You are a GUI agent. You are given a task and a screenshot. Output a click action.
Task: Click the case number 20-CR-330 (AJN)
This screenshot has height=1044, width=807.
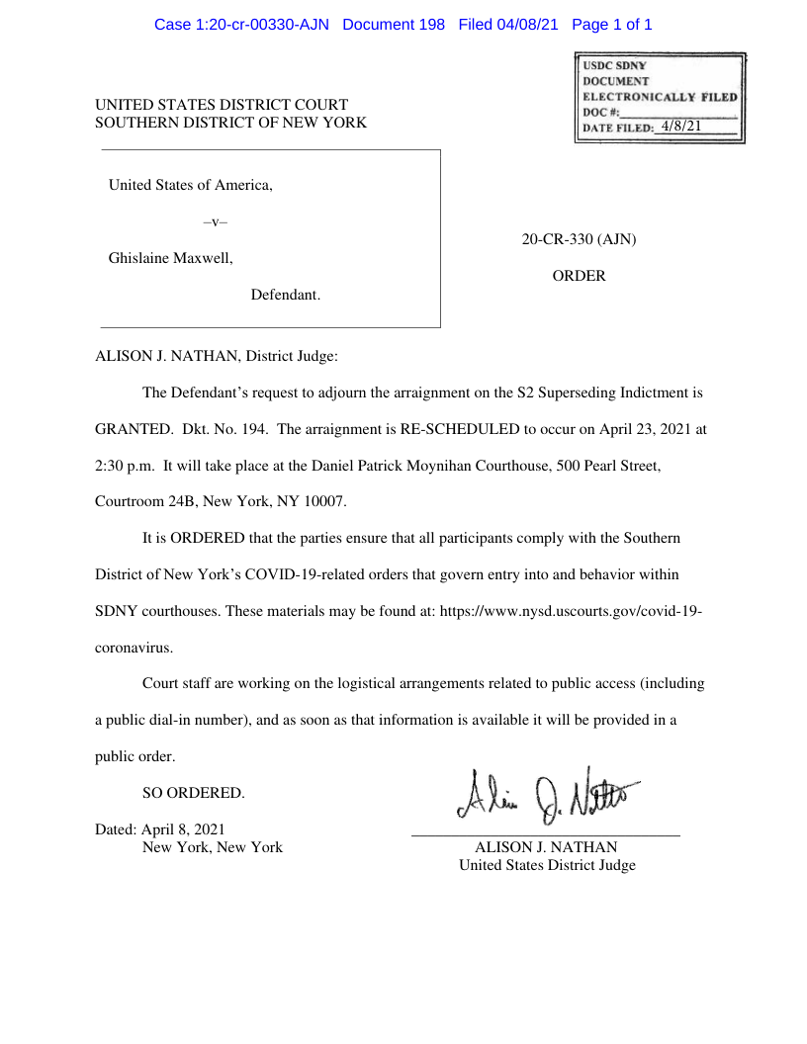pyautogui.click(x=579, y=239)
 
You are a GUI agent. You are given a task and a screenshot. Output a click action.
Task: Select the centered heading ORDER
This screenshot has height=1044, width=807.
pyautogui.click(x=579, y=276)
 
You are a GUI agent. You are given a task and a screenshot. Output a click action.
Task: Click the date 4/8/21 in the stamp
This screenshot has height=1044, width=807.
pyautogui.click(x=681, y=127)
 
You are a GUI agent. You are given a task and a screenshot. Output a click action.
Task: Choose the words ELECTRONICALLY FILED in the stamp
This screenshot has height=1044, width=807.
pyautogui.click(x=660, y=97)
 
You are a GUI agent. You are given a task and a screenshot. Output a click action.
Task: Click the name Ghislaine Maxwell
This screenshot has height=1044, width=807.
pyautogui.click(x=170, y=258)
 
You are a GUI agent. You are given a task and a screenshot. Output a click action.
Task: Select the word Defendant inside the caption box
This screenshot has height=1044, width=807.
pyautogui.click(x=285, y=295)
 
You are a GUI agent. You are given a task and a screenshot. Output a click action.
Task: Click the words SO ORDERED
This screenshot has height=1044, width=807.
pyautogui.click(x=193, y=793)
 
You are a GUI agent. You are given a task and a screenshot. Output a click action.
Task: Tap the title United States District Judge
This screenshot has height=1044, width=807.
pyautogui.click(x=547, y=865)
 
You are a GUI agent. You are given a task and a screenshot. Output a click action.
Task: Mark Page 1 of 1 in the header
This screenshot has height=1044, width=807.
pyautogui.click(x=612, y=25)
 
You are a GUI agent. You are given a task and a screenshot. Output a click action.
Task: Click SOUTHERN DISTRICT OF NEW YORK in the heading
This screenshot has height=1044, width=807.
pyautogui.click(x=230, y=123)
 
